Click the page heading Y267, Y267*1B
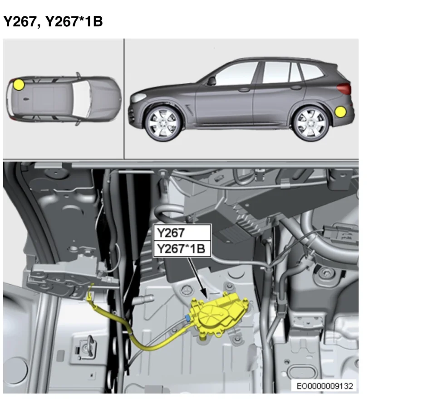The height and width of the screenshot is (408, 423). [x=53, y=21]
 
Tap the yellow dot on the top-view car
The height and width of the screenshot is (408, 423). [x=19, y=85]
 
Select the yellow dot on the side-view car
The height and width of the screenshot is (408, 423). [x=341, y=112]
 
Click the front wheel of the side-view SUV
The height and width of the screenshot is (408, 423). [x=162, y=123]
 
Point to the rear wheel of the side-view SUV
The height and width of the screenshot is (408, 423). [x=311, y=124]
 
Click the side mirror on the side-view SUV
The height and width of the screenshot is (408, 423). [x=211, y=81]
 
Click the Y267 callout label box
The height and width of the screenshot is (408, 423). [x=182, y=233]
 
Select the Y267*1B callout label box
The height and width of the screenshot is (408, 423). [x=182, y=248]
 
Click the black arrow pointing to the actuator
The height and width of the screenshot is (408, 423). [x=197, y=278]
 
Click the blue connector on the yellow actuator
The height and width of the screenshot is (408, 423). [x=188, y=318]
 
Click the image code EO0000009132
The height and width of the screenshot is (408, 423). [x=325, y=386]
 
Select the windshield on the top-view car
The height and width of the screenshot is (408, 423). [x=81, y=99]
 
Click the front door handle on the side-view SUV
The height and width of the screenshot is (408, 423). [x=244, y=90]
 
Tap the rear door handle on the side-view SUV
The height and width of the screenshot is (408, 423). [x=296, y=87]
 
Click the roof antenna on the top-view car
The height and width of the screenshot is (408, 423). [x=26, y=99]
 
